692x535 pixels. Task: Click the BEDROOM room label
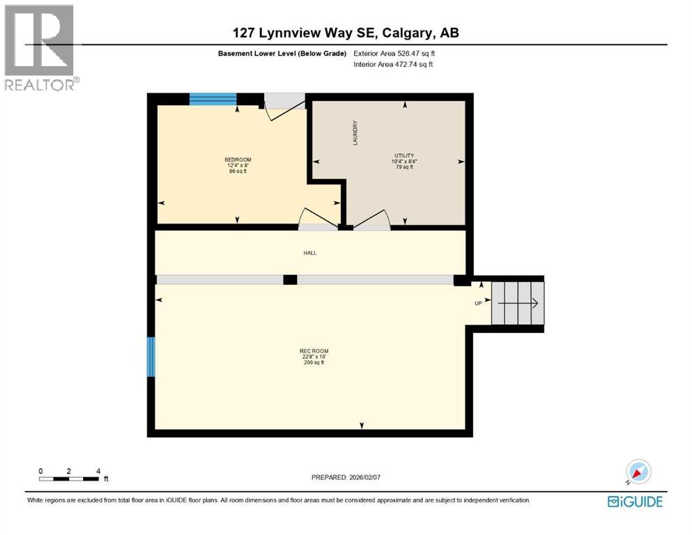(x=238, y=160)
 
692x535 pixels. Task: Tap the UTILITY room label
(x=404, y=155)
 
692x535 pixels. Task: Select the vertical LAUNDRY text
(x=355, y=132)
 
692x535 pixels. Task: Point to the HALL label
(x=310, y=253)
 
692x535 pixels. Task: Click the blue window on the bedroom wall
(x=213, y=99)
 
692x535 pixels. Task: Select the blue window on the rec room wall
(x=151, y=357)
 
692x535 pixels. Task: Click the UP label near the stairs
(x=479, y=303)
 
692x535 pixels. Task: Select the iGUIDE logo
(x=635, y=501)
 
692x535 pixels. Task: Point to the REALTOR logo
(x=40, y=47)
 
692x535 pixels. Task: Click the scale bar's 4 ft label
(x=98, y=471)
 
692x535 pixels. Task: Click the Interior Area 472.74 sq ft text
(x=394, y=64)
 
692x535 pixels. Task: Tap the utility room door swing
(x=372, y=219)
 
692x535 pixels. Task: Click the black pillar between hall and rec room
(x=290, y=279)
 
